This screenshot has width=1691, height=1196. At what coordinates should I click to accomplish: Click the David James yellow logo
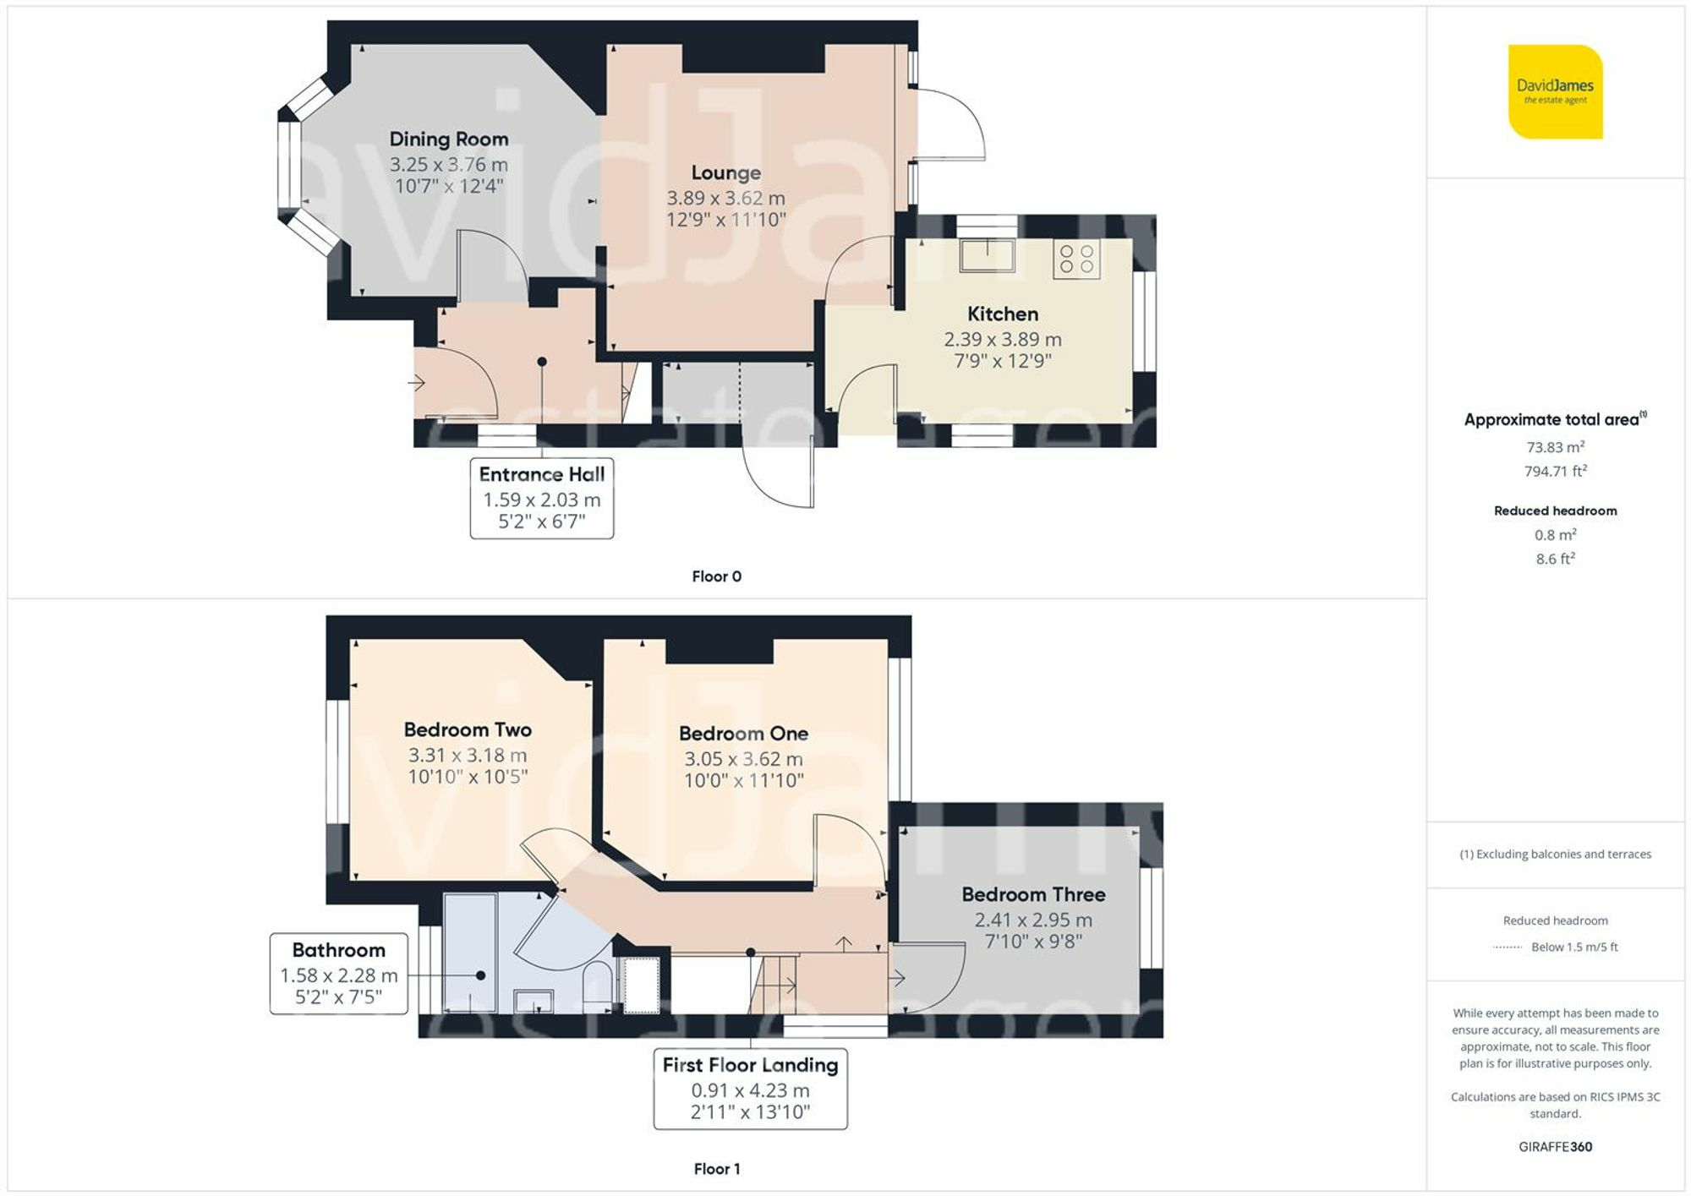pos(1555,91)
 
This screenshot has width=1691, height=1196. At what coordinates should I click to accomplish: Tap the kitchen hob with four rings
pos(1076,259)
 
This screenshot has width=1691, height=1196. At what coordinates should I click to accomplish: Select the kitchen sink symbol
pos(987,254)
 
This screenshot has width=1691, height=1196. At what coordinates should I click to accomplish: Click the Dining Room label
pos(449,139)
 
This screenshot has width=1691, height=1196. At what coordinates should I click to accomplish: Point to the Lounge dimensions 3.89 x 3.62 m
pos(725,198)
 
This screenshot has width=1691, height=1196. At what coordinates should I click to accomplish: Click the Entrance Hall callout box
pos(542,498)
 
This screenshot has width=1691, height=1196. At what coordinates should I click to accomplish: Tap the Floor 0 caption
pos(716,576)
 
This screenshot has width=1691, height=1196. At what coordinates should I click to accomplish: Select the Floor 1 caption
pos(716,1169)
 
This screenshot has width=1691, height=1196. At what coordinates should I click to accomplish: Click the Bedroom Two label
pos(468,729)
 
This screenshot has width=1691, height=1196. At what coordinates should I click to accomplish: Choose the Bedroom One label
pos(743,734)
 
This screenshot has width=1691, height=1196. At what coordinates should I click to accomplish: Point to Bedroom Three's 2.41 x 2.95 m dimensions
pos(1033,920)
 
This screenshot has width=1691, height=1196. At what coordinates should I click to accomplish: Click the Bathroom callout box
pos(338,974)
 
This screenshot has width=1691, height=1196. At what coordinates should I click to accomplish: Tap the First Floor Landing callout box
pos(750,1089)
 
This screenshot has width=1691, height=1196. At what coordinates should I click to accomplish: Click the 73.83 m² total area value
pos(1555,447)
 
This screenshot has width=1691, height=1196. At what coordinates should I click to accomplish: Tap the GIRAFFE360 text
pos(1555,1147)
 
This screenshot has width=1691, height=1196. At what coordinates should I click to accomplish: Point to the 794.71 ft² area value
pos(1555,471)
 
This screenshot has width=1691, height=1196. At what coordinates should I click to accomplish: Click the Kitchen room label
pos(1003,314)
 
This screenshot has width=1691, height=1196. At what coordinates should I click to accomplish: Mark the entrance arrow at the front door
pos(416,383)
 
